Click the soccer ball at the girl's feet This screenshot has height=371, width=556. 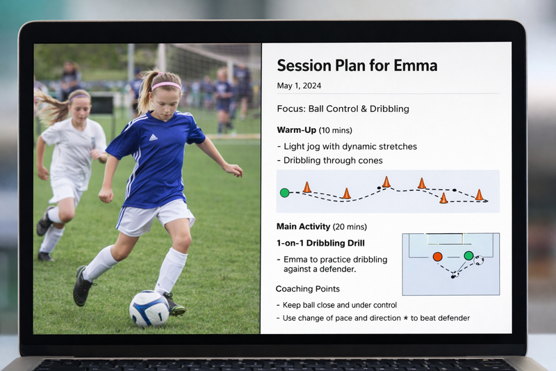pyautogui.click(x=149, y=308)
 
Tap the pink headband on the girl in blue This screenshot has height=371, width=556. pyautogui.click(x=166, y=86)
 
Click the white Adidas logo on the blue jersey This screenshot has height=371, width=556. pyautogui.click(x=153, y=137)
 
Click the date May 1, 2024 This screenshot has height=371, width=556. pyautogui.click(x=299, y=86)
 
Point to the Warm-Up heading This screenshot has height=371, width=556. pyautogui.click(x=296, y=130)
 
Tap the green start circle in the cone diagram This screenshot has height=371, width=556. pyautogui.click(x=284, y=193)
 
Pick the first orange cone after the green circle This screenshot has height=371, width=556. pyautogui.click(x=307, y=187)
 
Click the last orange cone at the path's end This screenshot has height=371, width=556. pyautogui.click(x=479, y=195)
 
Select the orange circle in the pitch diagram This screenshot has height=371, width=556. pyautogui.click(x=438, y=257)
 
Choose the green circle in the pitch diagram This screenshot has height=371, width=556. pyautogui.click(x=468, y=255)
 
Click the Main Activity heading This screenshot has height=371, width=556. pyautogui.click(x=303, y=226)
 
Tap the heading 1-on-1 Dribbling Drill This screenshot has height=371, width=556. pyautogui.click(x=320, y=243)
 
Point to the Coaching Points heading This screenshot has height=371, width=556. pyautogui.click(x=308, y=289)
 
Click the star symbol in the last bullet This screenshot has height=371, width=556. pyautogui.click(x=406, y=318)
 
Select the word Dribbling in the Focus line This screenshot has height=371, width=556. pyautogui.click(x=389, y=109)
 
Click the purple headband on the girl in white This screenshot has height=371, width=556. pyautogui.click(x=79, y=97)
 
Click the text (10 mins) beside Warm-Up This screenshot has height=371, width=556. pyautogui.click(x=336, y=130)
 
